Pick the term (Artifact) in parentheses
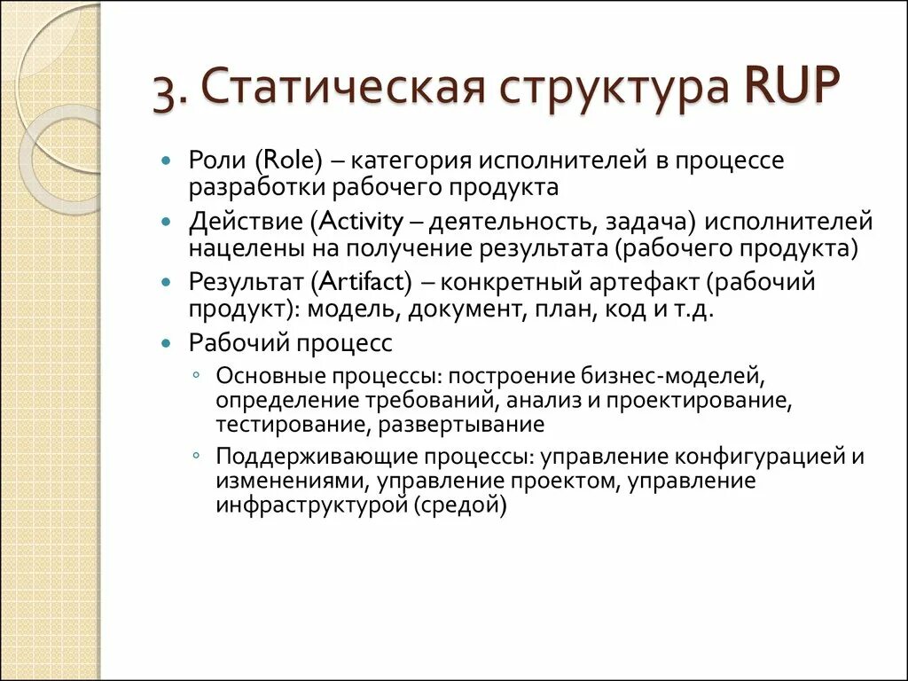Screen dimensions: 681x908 click(362, 282)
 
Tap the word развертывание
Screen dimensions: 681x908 click(460, 424)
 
